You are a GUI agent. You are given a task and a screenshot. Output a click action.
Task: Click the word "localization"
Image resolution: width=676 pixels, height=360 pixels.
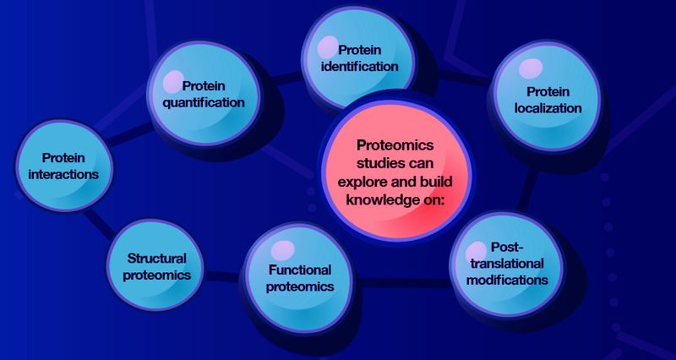(548, 108)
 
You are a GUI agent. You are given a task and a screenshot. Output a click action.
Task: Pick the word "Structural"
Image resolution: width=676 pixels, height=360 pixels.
(156, 257)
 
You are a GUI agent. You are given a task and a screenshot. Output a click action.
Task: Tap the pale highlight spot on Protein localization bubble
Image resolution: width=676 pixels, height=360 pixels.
(531, 68)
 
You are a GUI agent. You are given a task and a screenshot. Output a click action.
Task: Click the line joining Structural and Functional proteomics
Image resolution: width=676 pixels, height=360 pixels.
(221, 275)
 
